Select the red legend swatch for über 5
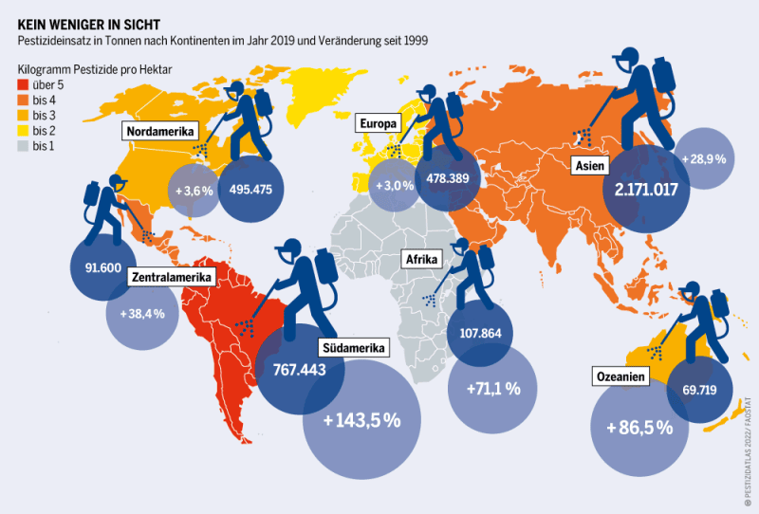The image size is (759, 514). pos(24,86)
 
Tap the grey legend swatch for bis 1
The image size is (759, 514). pos(24,146)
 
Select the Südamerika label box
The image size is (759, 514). pos(353,348)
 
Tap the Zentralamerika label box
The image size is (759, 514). pos(172,278)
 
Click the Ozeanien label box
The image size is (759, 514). pos(622,376)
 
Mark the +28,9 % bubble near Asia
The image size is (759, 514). pos(703,158)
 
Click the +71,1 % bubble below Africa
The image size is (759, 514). pos(492,388)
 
